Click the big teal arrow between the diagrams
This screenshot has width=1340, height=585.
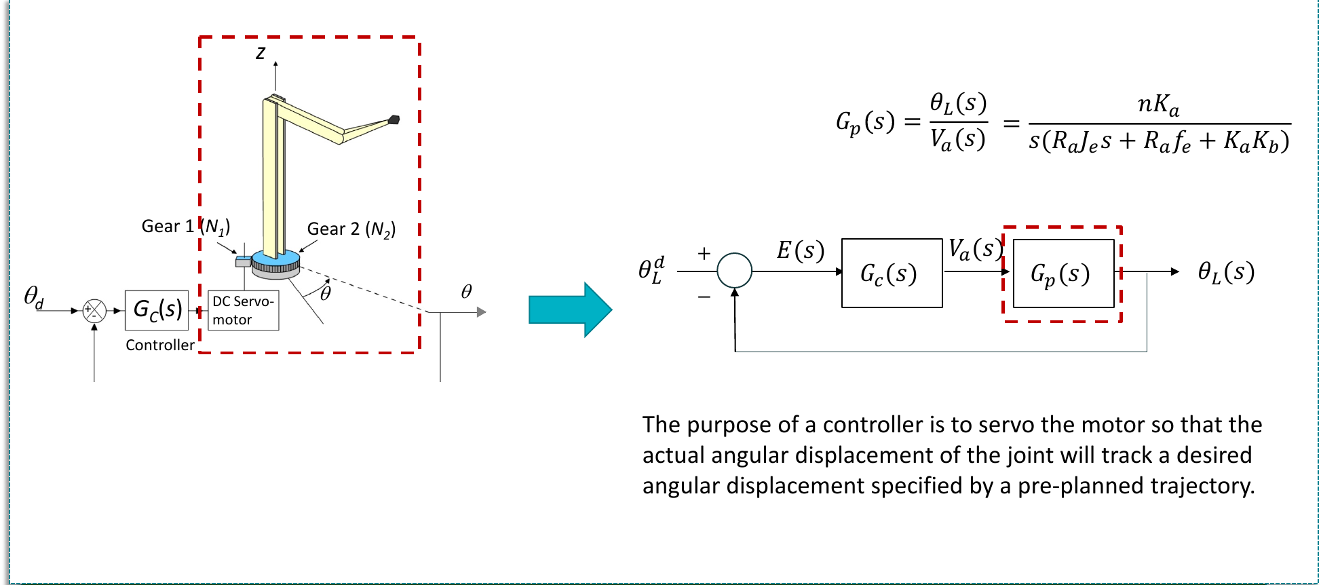pyautogui.click(x=570, y=309)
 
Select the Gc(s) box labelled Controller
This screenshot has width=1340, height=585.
pyautogui.click(x=157, y=309)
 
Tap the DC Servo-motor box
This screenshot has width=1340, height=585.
pyautogui.click(x=244, y=310)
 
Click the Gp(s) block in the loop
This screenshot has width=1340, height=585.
pyautogui.click(x=1063, y=273)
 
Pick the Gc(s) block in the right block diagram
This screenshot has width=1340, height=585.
pyautogui.click(x=892, y=273)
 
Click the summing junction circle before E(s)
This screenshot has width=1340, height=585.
pyautogui.click(x=735, y=270)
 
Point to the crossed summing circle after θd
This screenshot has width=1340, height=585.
pyautogui.click(x=94, y=311)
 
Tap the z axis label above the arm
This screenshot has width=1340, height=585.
pyautogui.click(x=261, y=53)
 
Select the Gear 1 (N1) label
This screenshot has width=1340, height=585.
pyautogui.click(x=185, y=226)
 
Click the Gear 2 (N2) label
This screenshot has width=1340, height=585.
pyautogui.click(x=351, y=229)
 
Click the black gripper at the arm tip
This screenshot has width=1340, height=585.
pyautogui.click(x=394, y=120)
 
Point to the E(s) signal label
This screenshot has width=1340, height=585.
pyautogui.click(x=801, y=250)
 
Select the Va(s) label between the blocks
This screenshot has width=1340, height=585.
pyautogui.click(x=975, y=250)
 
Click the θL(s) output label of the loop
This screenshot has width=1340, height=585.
pyautogui.click(x=1226, y=272)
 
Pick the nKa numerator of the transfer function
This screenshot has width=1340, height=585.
pyautogui.click(x=1158, y=105)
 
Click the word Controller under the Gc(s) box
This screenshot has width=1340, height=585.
pyautogui.click(x=160, y=345)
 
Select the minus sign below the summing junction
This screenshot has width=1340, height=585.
pyautogui.click(x=704, y=297)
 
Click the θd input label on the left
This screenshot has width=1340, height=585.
pyautogui.click(x=34, y=297)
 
